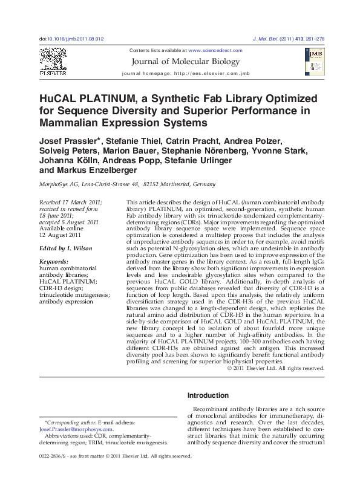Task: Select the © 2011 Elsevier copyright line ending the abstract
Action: [x=276, y=368]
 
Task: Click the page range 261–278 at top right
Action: [x=313, y=39]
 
